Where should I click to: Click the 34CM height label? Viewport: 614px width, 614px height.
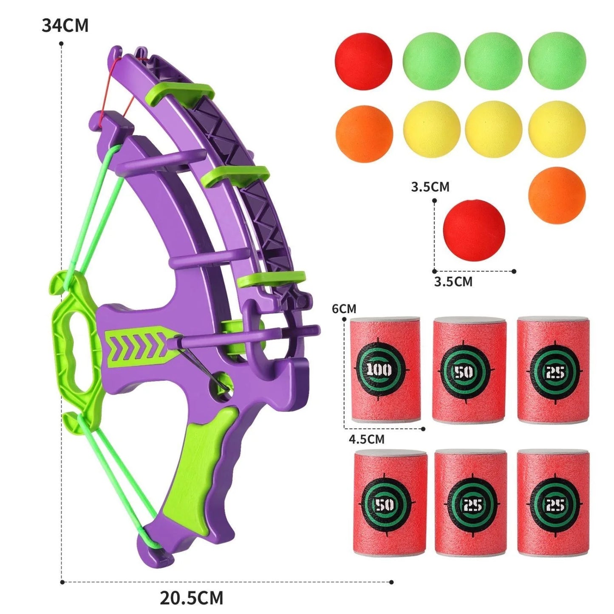[65, 25]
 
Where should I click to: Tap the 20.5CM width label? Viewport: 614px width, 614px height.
[191, 598]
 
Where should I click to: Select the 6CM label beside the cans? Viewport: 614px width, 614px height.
[344, 308]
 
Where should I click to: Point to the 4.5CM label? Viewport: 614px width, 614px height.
[366, 439]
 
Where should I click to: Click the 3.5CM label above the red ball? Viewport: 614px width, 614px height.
[430, 187]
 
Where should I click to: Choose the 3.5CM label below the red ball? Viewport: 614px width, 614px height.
[453, 281]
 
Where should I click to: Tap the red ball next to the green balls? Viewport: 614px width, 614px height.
[363, 61]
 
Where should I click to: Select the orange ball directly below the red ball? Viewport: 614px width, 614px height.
[364, 133]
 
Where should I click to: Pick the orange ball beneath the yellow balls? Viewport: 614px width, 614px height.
[557, 195]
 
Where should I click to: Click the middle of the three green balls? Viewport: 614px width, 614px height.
[493, 61]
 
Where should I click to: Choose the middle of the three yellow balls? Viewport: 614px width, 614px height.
[493, 130]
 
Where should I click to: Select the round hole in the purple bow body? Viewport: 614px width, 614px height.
[220, 384]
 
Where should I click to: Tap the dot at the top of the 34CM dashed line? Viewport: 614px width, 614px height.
[62, 43]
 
